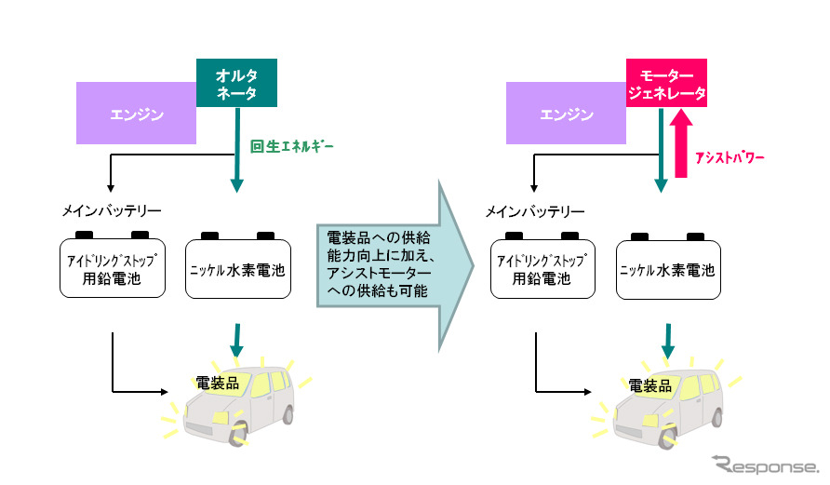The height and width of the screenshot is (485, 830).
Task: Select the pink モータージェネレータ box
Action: click(x=666, y=84)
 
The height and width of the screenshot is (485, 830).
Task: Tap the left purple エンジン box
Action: click(x=136, y=115)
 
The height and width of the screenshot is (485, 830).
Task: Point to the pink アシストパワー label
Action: click(x=730, y=158)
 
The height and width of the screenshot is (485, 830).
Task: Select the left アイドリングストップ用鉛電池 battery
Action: click(x=113, y=268)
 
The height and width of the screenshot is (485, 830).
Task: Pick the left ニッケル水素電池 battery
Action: click(x=238, y=270)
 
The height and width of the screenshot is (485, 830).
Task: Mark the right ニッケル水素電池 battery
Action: click(x=669, y=270)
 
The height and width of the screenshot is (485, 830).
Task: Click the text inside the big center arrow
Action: click(x=374, y=265)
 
